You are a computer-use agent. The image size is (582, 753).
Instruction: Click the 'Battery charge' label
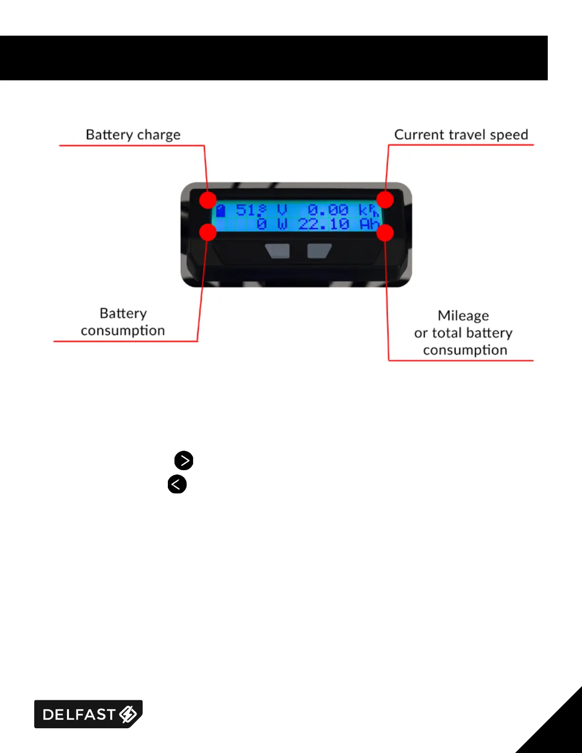point(133,135)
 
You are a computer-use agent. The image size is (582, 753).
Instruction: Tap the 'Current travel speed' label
point(461,135)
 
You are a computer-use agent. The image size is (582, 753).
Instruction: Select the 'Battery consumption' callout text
point(123,322)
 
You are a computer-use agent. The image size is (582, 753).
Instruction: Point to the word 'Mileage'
point(463,316)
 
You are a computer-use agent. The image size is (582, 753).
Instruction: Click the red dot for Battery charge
point(208,200)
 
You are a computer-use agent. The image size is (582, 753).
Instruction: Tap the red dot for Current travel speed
point(385,200)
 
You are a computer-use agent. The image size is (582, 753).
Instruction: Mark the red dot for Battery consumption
point(208,232)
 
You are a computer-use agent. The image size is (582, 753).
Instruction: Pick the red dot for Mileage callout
point(385,232)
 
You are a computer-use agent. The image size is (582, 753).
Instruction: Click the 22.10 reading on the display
point(324,224)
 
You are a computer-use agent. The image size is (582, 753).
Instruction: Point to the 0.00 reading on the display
point(328,210)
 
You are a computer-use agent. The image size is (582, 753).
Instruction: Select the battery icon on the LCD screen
point(221,210)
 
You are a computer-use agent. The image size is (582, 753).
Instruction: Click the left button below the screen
point(278,251)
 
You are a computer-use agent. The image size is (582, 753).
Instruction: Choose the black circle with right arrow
point(184,460)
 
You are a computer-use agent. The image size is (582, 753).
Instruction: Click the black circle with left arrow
point(177,484)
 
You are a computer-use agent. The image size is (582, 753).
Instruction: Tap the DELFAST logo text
point(79,714)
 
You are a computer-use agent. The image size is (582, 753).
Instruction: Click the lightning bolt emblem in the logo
point(128,714)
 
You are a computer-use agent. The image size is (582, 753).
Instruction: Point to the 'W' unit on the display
point(282,224)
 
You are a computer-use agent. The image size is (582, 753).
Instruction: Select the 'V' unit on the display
point(282,210)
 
